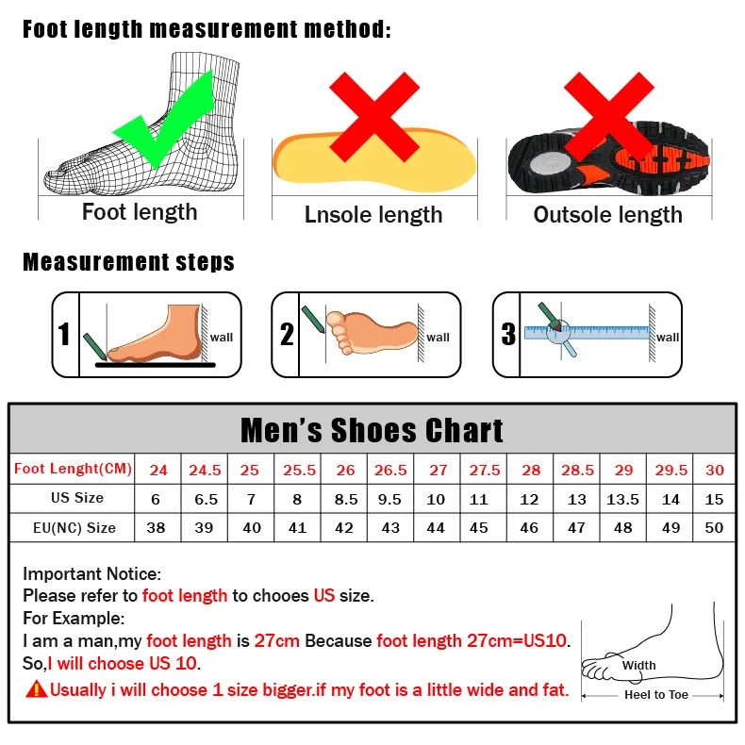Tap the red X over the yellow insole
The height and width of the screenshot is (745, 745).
tap(373, 118)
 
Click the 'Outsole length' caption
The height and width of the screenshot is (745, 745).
tap(607, 215)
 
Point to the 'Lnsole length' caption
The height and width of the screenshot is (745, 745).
tap(373, 215)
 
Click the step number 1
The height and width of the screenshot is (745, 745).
tap(64, 335)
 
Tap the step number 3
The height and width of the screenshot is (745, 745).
tap(508, 335)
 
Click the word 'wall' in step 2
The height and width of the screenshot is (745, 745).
tap(439, 337)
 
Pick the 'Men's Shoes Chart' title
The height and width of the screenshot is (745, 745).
tap(372, 430)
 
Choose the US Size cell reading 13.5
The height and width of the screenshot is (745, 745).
tap(622, 499)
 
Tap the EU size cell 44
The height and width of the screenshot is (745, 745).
tap(435, 528)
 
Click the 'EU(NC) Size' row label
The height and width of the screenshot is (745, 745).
tap(74, 528)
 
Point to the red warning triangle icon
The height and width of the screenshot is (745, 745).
tap(37, 689)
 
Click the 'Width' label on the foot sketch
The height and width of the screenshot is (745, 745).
tap(638, 665)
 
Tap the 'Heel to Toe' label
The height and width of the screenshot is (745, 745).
tap(656, 695)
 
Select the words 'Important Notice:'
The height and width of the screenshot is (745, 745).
tap(92, 573)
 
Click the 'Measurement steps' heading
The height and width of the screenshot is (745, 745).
tap(128, 261)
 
